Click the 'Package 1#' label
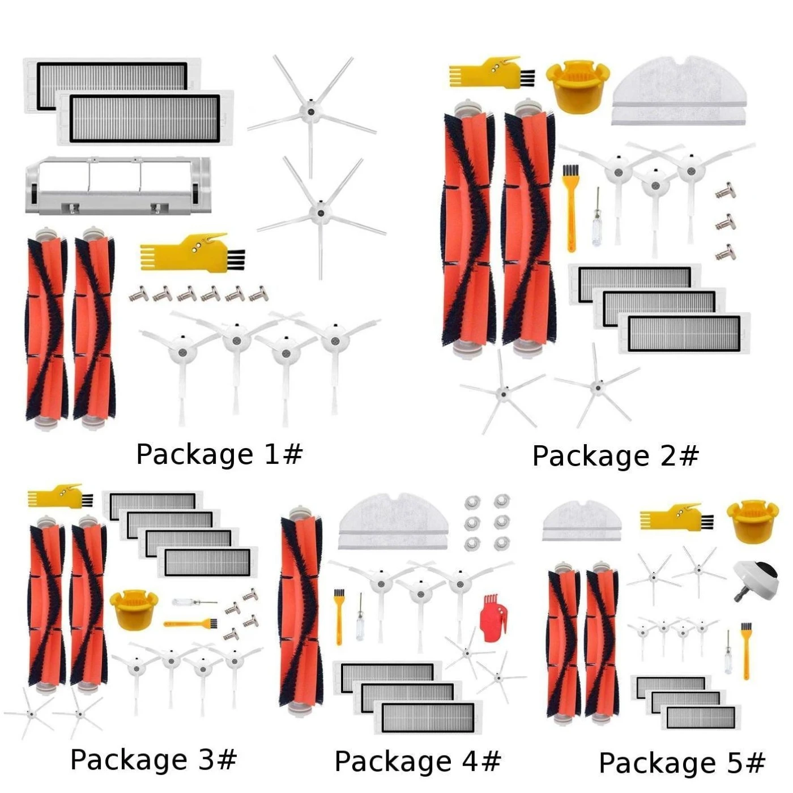[x=219, y=455]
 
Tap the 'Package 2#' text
[x=616, y=457]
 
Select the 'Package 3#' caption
[x=154, y=760]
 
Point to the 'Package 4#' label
[x=417, y=762]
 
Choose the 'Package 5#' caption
[x=682, y=764]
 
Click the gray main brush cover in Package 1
[x=118, y=185]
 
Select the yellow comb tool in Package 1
[x=192, y=252]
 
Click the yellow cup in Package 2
[x=577, y=86]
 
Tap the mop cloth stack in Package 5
[x=582, y=521]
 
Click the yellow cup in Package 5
[x=753, y=520]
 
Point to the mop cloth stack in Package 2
[x=679, y=91]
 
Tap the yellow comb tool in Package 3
[x=60, y=497]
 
